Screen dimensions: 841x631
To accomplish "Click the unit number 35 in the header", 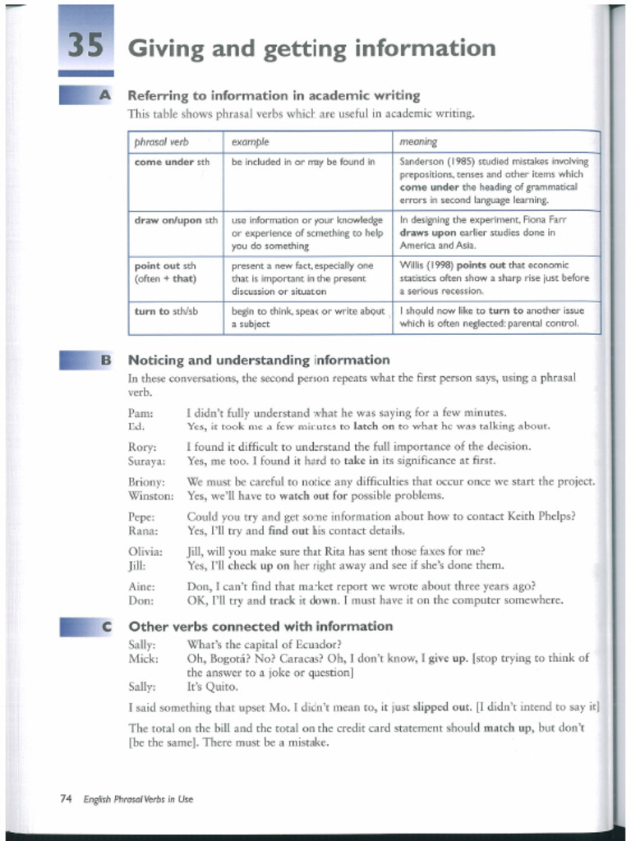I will point(85,46).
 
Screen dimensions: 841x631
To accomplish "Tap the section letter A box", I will point(104,96).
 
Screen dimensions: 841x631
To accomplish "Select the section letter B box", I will point(104,360).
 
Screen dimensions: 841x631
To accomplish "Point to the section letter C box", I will point(104,626).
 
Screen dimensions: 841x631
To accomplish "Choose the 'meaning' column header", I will point(417,141).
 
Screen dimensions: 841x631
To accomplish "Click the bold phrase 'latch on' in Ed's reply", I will point(375,426).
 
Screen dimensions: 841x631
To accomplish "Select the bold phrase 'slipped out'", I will point(442,706).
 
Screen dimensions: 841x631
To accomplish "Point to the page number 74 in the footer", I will point(67,798).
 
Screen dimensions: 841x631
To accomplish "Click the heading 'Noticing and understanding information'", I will point(259,360).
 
